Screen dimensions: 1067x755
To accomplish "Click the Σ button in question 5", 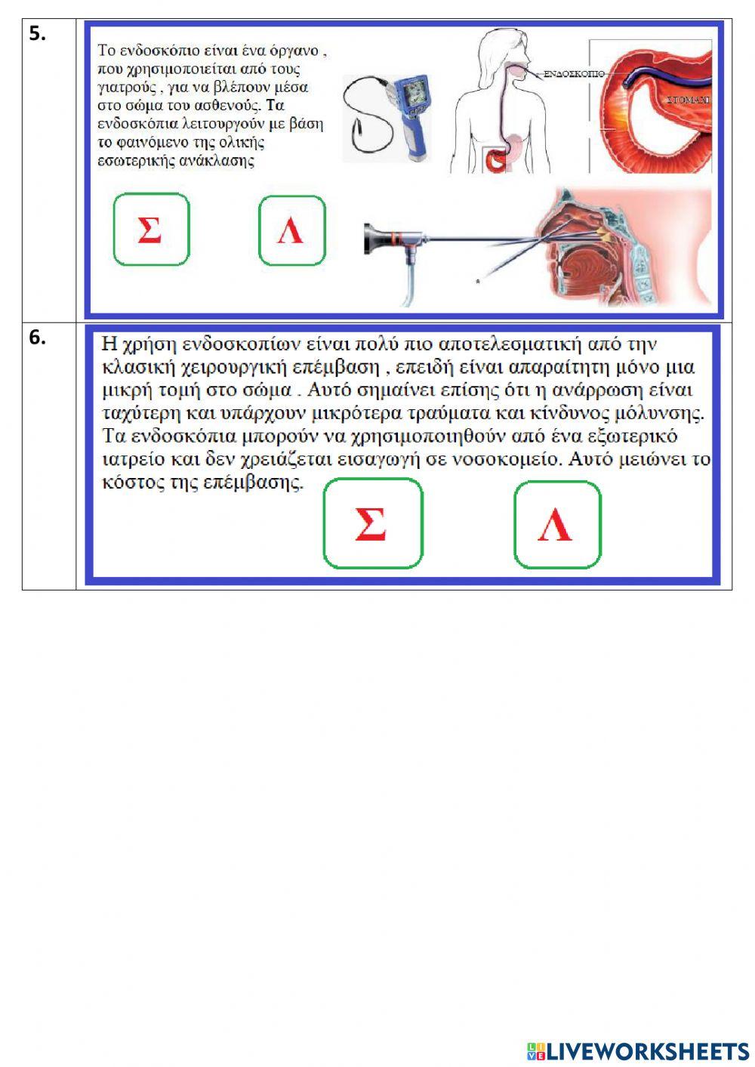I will (151, 230).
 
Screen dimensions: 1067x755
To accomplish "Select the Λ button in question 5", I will (291, 231).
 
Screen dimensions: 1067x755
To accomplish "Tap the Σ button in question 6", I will (372, 523).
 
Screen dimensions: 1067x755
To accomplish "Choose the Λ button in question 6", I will (557, 525).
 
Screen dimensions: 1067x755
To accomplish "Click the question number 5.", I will (37, 33).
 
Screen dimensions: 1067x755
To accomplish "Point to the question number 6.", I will (37, 338).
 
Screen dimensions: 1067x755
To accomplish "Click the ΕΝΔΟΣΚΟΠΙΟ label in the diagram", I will (574, 74).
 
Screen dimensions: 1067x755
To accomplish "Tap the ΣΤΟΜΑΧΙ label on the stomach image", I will (688, 100).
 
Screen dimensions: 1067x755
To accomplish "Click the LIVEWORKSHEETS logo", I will (637, 1050).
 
